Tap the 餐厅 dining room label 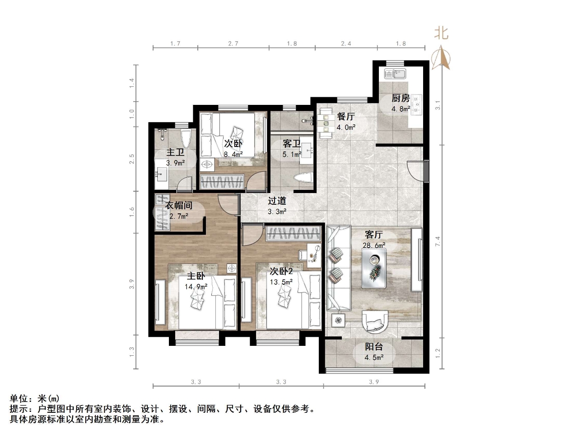click(345, 117)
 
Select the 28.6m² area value click(374, 245)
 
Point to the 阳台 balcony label click(374, 347)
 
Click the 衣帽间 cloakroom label click(179, 205)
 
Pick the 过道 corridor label click(277, 201)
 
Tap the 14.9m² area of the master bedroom click(196, 287)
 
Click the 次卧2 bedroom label click(281, 271)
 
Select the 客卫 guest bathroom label click(292, 144)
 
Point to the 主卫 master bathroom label click(175, 152)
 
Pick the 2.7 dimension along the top click(233, 44)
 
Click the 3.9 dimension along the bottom click(373, 382)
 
